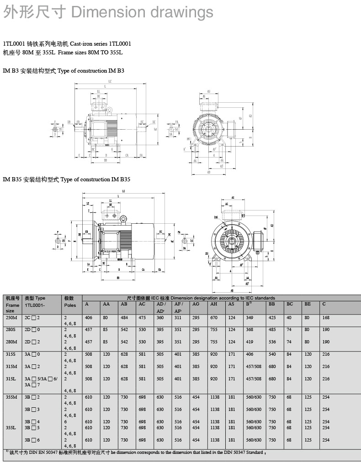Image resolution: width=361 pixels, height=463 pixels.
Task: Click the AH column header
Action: coord(214,304)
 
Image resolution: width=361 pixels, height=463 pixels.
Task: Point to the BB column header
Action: coord(272,304)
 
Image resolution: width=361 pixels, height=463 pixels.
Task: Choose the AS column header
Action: coord(231,304)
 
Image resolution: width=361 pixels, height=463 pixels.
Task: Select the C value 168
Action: coord(326,317)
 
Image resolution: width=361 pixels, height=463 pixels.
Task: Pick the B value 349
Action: coord(250,317)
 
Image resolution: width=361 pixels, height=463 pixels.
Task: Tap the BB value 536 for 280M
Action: coord(272,342)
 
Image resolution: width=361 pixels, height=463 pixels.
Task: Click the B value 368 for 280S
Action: coord(250,329)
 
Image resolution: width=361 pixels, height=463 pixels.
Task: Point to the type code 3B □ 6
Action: coord(32,440)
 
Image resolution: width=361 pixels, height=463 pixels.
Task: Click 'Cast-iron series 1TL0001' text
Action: coord(100,44)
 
